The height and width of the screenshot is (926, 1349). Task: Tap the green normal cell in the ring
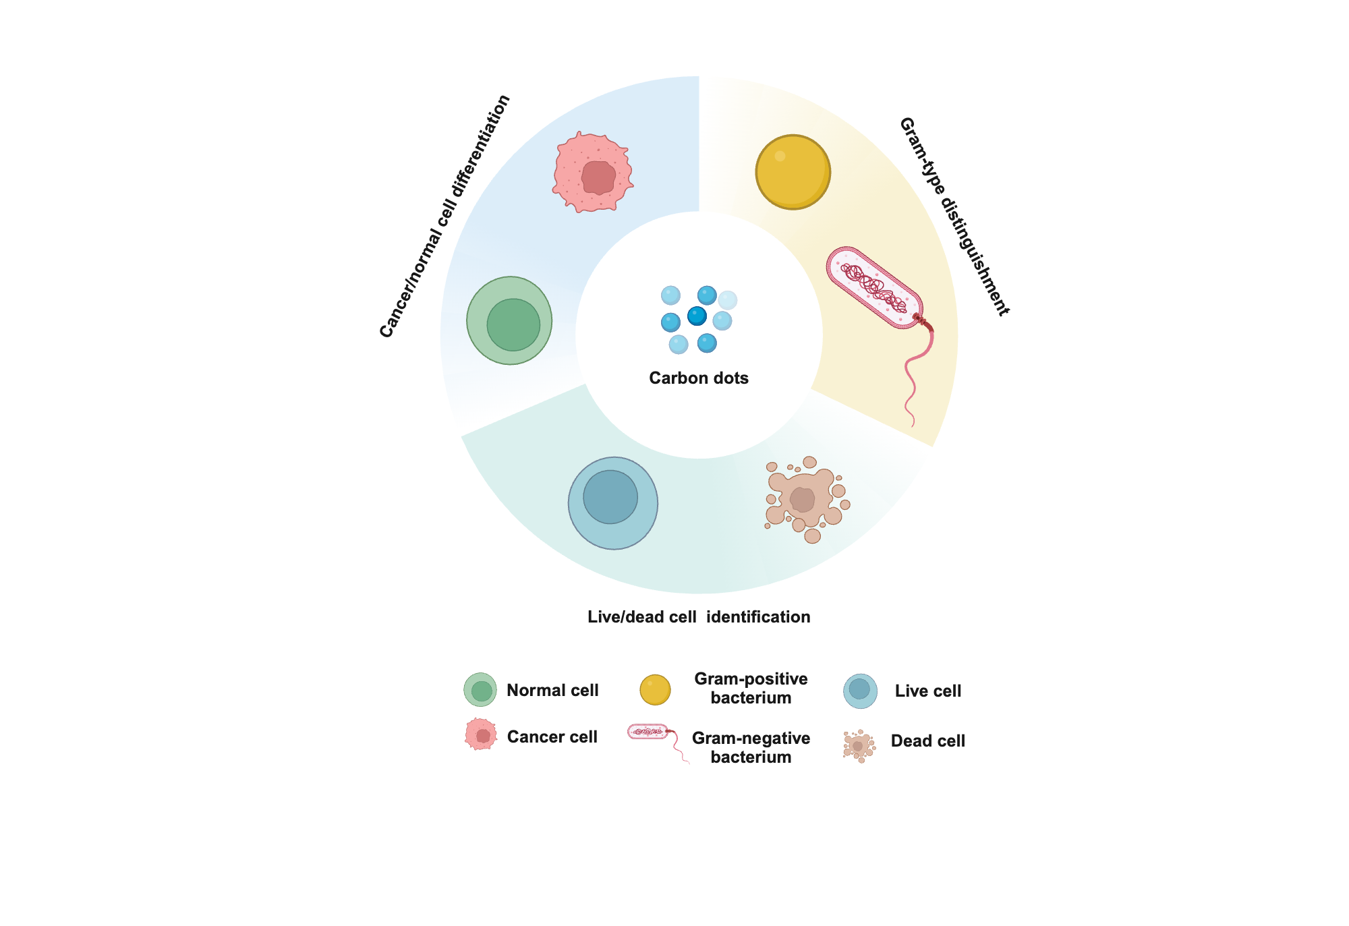point(509,321)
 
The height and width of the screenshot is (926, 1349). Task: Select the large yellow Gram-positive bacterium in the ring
point(793,172)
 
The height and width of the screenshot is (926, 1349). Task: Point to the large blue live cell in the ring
point(612,503)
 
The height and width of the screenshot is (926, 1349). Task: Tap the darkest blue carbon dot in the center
point(697,316)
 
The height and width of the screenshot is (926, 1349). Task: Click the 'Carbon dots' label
point(699,378)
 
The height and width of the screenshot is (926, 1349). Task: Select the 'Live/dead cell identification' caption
point(699,616)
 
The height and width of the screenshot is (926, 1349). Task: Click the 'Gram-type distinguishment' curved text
point(954,216)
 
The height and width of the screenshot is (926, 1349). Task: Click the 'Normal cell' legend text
point(552,690)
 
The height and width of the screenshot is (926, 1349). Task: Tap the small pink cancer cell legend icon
point(481,734)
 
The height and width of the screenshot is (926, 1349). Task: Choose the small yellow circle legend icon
point(655,689)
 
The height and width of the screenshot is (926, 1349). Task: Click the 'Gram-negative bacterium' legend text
point(751,747)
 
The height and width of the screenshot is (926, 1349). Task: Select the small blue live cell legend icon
point(860,691)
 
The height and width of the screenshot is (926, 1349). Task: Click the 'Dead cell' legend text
point(927,741)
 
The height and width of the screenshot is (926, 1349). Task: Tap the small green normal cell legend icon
point(480,689)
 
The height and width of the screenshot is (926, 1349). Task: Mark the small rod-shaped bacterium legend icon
point(648,731)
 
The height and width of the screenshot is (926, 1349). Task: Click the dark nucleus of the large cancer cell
point(598,177)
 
